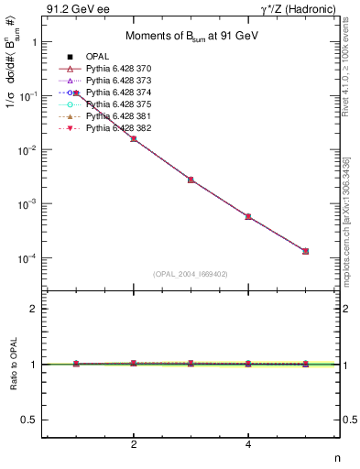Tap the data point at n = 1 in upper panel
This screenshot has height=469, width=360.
pyautogui.click(x=77, y=93)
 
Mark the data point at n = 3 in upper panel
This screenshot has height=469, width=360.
pyautogui.click(x=191, y=180)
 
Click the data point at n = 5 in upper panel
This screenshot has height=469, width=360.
pyautogui.click(x=305, y=251)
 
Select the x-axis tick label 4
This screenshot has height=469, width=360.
pyautogui.click(x=248, y=445)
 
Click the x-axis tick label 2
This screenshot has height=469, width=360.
pyautogui.click(x=134, y=445)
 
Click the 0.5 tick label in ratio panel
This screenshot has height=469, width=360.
pyautogui.click(x=27, y=420)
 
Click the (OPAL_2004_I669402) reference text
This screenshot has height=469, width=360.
pyautogui.click(x=190, y=274)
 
